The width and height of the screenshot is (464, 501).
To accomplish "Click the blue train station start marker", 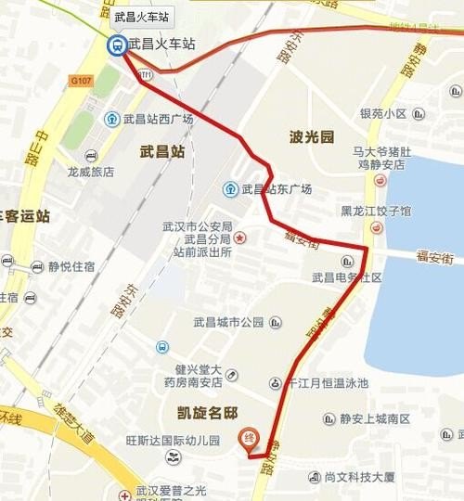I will [x=118, y=45].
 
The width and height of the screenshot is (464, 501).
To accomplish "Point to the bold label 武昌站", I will [x=162, y=150].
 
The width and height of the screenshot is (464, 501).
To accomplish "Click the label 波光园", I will [x=311, y=137].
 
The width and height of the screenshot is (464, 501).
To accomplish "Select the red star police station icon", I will [x=239, y=238].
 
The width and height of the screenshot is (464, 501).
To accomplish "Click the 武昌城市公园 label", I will [x=228, y=323].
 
